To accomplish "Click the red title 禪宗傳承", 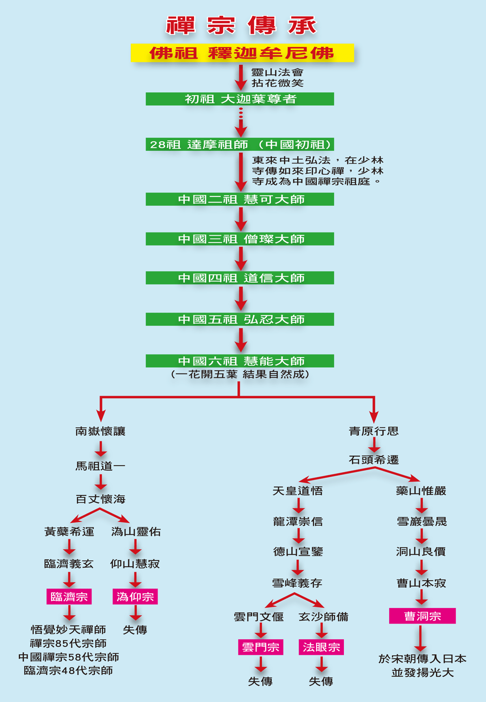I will tap(241, 26).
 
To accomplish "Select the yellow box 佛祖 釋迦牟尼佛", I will tap(242, 53).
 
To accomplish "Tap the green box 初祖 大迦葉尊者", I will tap(240, 99).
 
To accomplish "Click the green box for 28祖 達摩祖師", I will tap(240, 144).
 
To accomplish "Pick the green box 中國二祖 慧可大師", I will tap(240, 199).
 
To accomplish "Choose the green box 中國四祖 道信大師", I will tap(240, 278).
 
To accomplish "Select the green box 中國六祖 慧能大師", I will tap(240, 361).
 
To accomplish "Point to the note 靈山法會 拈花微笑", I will tap(277, 77).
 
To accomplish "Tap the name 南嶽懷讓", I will tap(100, 431).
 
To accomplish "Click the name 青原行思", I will tap(374, 431).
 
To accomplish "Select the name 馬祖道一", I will tap(100, 466).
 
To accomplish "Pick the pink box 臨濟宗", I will tap(69, 596).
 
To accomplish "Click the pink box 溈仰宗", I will tap(135, 596).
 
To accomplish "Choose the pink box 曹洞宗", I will tap(422, 616).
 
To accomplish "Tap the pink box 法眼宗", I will tap(321, 647).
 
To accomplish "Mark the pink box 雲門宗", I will tap(260, 647).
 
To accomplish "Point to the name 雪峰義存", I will tap(297, 583).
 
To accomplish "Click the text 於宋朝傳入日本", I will tap(422, 659).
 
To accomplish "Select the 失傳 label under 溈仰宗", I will tap(135, 629).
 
